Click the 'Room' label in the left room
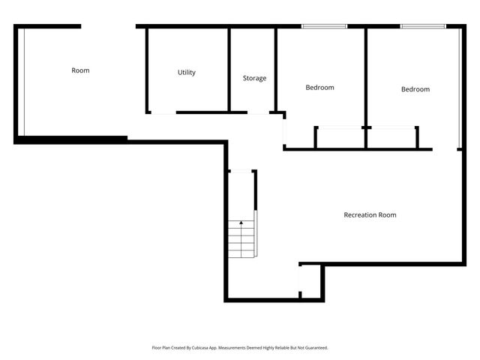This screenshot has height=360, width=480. (80, 70)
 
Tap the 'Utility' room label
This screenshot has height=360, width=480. (187, 73)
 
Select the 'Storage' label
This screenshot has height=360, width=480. (254, 78)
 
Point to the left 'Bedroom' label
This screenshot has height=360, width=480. (319, 88)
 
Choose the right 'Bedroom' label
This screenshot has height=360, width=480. (415, 89)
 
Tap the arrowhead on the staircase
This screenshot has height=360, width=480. (241, 223)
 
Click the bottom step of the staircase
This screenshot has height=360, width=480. (241, 253)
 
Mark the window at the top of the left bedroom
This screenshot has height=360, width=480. (324, 27)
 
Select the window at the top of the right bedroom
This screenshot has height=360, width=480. (423, 27)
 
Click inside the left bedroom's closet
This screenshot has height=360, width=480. (340, 138)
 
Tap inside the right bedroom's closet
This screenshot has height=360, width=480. (391, 138)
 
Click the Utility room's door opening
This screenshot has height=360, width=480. (163, 112)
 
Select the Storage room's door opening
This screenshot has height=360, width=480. (259, 112)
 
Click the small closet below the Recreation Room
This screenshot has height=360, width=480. (310, 283)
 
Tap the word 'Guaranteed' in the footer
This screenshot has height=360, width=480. (313, 348)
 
